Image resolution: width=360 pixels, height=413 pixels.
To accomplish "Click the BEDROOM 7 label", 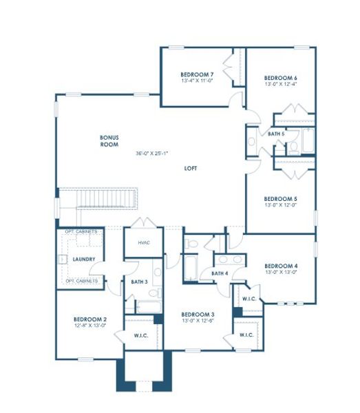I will [x=197, y=74].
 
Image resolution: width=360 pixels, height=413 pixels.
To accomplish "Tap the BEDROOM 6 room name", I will [x=281, y=78].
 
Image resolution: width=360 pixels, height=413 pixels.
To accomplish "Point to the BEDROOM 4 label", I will [x=281, y=266].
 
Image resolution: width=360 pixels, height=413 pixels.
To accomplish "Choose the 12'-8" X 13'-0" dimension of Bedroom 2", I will [x=90, y=326].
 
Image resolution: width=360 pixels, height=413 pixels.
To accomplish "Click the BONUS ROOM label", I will [x=109, y=142].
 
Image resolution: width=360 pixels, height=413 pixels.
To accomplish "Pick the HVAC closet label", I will [x=144, y=242].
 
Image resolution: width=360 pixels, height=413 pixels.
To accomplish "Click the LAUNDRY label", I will [x=83, y=260].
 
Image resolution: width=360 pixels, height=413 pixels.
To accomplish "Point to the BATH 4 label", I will [x=220, y=273].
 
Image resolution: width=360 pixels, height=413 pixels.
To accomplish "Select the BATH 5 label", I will [x=276, y=134].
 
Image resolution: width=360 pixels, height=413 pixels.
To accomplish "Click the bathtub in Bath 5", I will [x=307, y=142].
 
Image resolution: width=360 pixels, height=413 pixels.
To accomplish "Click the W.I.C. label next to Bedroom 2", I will [x=142, y=335].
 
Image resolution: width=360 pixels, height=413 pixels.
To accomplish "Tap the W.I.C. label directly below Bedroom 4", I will [x=249, y=299].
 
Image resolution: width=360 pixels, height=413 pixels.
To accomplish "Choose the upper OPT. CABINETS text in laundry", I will [x=81, y=233].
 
